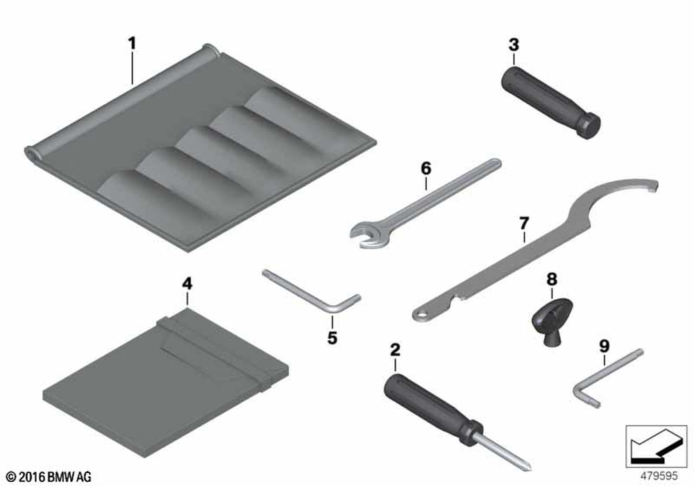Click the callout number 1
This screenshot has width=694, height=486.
[x=132, y=44]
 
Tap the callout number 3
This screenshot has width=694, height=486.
[x=514, y=44]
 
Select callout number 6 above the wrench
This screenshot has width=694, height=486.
[x=425, y=168]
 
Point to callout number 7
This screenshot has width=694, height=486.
[x=524, y=223]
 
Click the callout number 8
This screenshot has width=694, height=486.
[x=552, y=279]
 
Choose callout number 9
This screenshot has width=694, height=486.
[x=604, y=346]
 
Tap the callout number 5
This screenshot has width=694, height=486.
[x=332, y=337]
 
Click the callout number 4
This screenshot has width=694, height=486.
[x=187, y=284]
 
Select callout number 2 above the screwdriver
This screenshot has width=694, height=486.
[x=395, y=350]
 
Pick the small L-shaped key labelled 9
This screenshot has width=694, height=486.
[x=606, y=378]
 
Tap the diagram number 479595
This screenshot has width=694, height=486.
[x=659, y=476]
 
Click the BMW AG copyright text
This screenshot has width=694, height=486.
[x=49, y=477]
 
